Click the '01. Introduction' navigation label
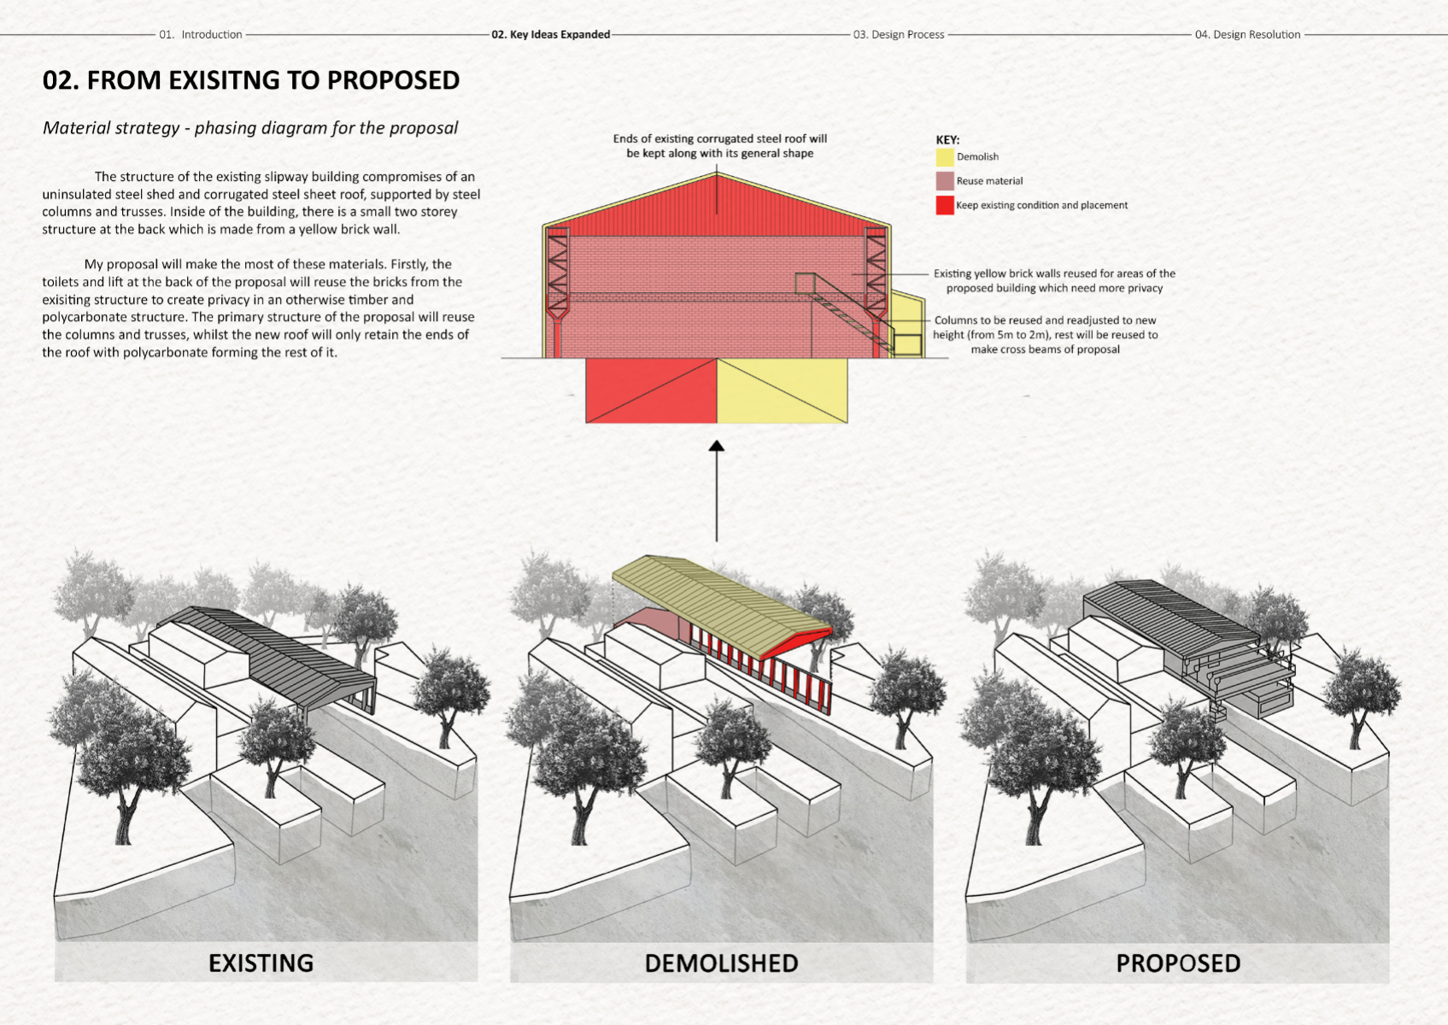pos(201,34)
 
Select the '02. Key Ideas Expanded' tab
pos(550,34)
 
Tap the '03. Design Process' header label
pos(899,34)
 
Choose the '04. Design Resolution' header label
pos(1247,34)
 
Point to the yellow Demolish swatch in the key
pos(944,157)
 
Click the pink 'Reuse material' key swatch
pos(944,181)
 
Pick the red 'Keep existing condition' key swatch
pos(944,205)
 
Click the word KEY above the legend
pos(947,139)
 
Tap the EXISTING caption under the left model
pos(261,963)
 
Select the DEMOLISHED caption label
pos(721,963)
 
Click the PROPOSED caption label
pos(1177,963)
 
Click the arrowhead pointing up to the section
pos(717,446)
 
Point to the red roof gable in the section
pos(716,209)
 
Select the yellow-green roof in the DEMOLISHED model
pos(718,598)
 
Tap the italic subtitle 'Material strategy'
pos(249,128)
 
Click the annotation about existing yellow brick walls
pos(1053,280)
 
